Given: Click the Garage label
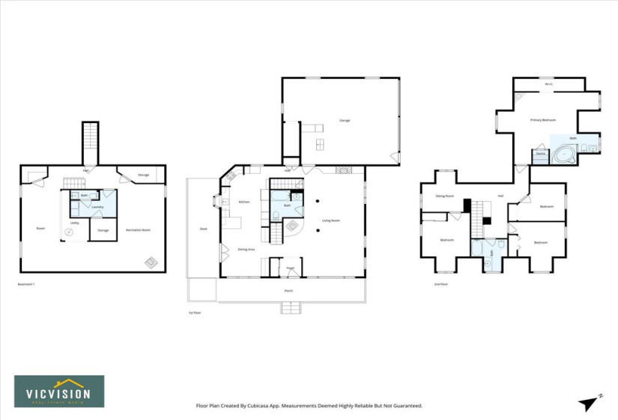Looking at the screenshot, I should [x=345, y=120].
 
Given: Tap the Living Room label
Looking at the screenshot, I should [x=331, y=220].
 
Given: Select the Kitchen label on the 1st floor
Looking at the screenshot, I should [x=244, y=202].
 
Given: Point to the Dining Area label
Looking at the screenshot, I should [x=247, y=249].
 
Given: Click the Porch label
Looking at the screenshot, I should [x=288, y=290].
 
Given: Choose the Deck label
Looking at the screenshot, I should [x=203, y=229].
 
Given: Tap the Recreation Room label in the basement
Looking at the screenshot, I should [x=138, y=230].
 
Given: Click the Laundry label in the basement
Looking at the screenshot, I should [x=97, y=207].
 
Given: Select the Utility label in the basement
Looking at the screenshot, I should [x=75, y=223].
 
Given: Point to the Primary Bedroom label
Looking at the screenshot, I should [x=542, y=120].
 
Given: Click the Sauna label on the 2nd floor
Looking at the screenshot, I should [x=540, y=154].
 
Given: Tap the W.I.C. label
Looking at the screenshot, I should [x=548, y=84].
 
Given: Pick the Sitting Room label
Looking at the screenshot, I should [x=445, y=196].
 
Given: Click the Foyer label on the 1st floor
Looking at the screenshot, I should [x=290, y=268].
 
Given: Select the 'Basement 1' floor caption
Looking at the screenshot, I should [x=26, y=284].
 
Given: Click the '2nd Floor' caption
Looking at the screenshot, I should [x=440, y=285].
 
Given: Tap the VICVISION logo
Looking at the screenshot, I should [x=59, y=391].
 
